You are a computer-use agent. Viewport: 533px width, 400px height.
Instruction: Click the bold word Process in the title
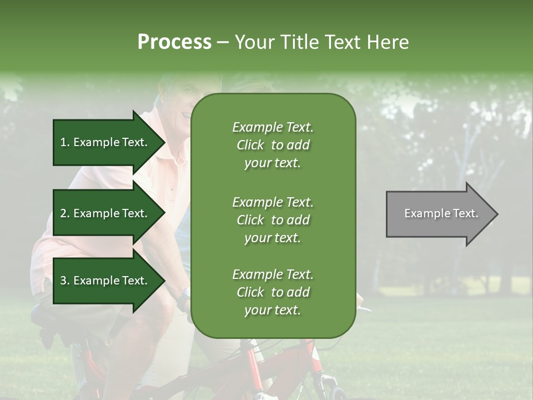[174, 42]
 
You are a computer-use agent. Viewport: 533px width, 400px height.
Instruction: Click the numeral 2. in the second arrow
[65, 213]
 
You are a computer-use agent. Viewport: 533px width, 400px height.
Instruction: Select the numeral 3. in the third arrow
[65, 281]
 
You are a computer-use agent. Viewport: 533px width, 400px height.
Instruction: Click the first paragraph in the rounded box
[273, 145]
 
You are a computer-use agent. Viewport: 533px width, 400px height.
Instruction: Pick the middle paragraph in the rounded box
[273, 220]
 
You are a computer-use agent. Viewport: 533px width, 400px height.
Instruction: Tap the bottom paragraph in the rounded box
[273, 292]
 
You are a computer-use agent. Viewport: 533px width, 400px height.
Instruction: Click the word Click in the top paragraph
[250, 145]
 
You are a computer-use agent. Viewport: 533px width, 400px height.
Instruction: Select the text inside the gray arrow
[441, 213]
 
